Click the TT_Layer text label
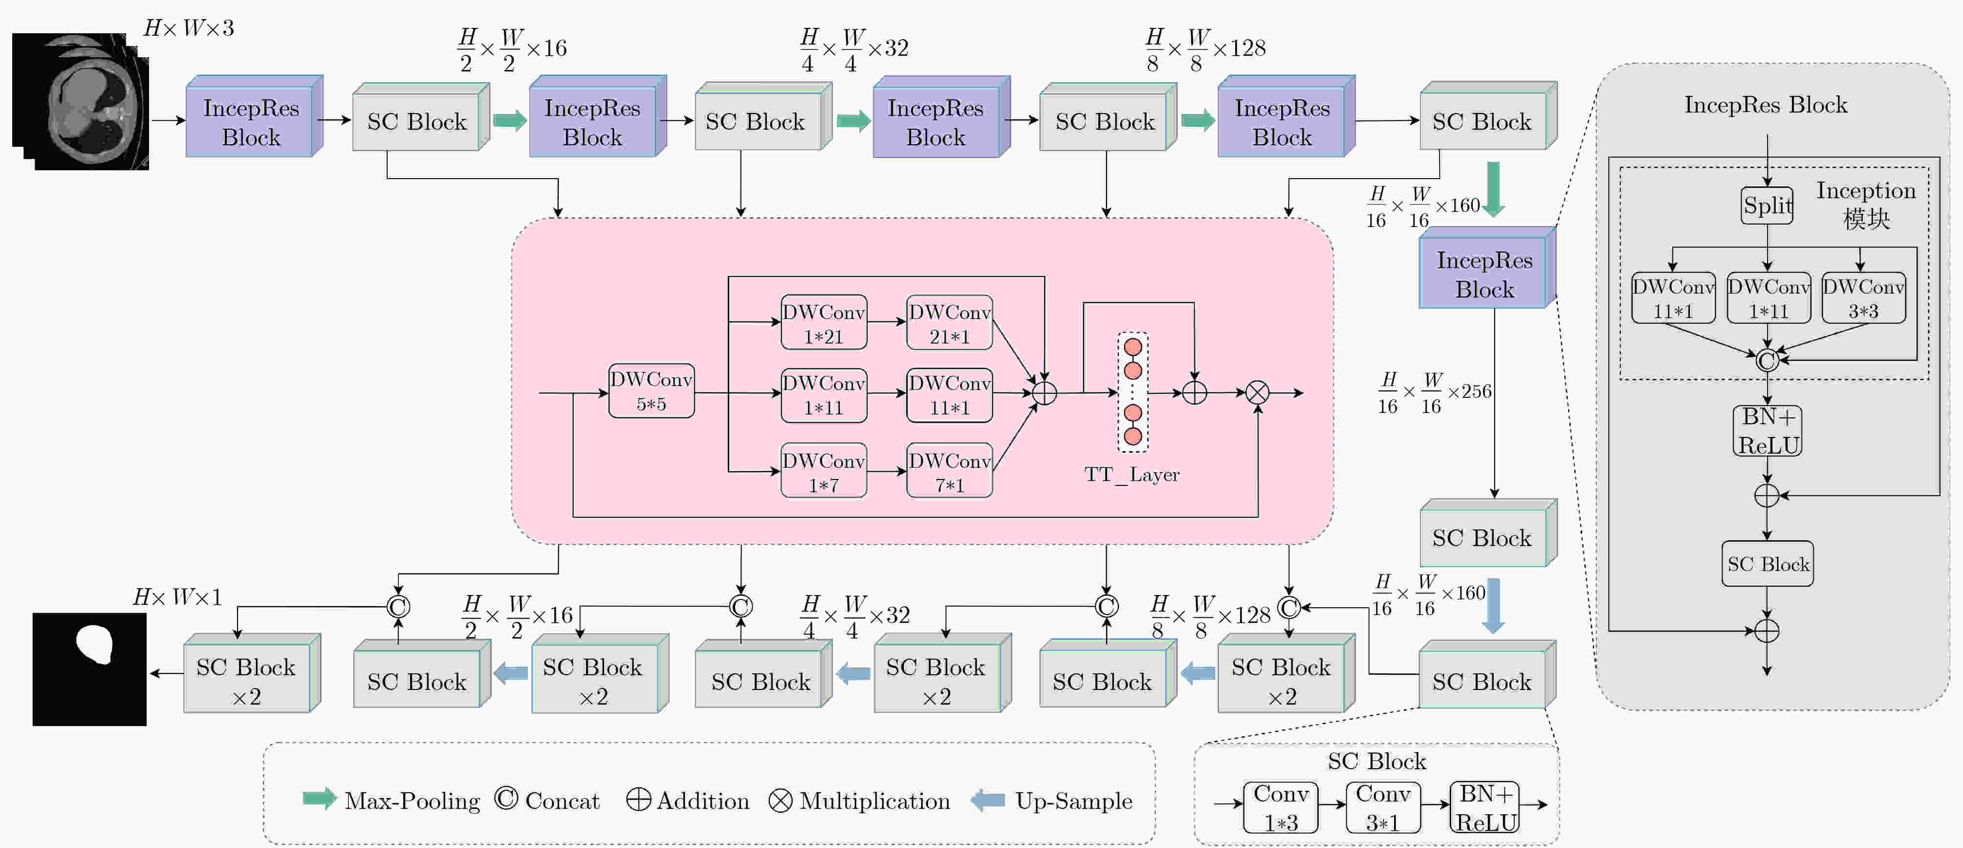point(1132,474)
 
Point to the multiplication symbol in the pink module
point(1257,393)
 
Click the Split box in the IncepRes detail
point(1767,205)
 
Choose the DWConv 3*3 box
point(1863,298)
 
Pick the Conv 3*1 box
point(1383,807)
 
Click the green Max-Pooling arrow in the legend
point(319,799)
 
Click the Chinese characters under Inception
point(1866,219)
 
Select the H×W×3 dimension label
point(189,28)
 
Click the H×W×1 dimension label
point(177,596)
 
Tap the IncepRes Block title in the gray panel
point(1766,105)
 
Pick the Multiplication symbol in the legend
point(780,800)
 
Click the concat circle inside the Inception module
point(1767,360)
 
